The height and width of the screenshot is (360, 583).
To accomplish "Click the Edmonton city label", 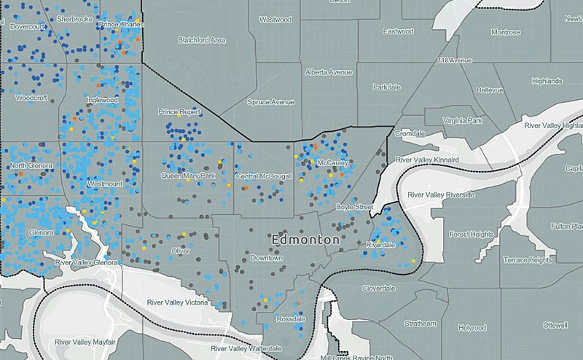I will pos(305,240).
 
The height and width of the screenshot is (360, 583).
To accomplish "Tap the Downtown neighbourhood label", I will pos(266,258).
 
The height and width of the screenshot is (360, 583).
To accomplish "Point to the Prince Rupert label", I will pos(179,112).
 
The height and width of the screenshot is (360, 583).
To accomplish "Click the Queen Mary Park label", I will pos(188,176).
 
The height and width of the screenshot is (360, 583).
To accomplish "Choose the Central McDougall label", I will pos(264,176).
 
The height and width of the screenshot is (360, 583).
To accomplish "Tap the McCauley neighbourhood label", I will pos(332,163).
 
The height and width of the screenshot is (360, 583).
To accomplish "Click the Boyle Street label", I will pos(354,208).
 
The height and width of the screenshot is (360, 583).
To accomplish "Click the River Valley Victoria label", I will pos(176,302).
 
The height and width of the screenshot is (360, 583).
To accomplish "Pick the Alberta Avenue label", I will pos(329,72).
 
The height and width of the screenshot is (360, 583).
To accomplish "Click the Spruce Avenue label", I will pos(271,103).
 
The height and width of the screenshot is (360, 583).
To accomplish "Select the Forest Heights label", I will pos(471,235).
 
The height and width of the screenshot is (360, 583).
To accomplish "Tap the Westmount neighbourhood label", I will pos(105,184).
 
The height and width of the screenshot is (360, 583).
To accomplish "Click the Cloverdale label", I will pos(378,289).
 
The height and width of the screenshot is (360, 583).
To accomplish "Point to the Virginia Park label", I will pos(463,120).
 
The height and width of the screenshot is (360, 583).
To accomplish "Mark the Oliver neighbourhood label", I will pos(180,251).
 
